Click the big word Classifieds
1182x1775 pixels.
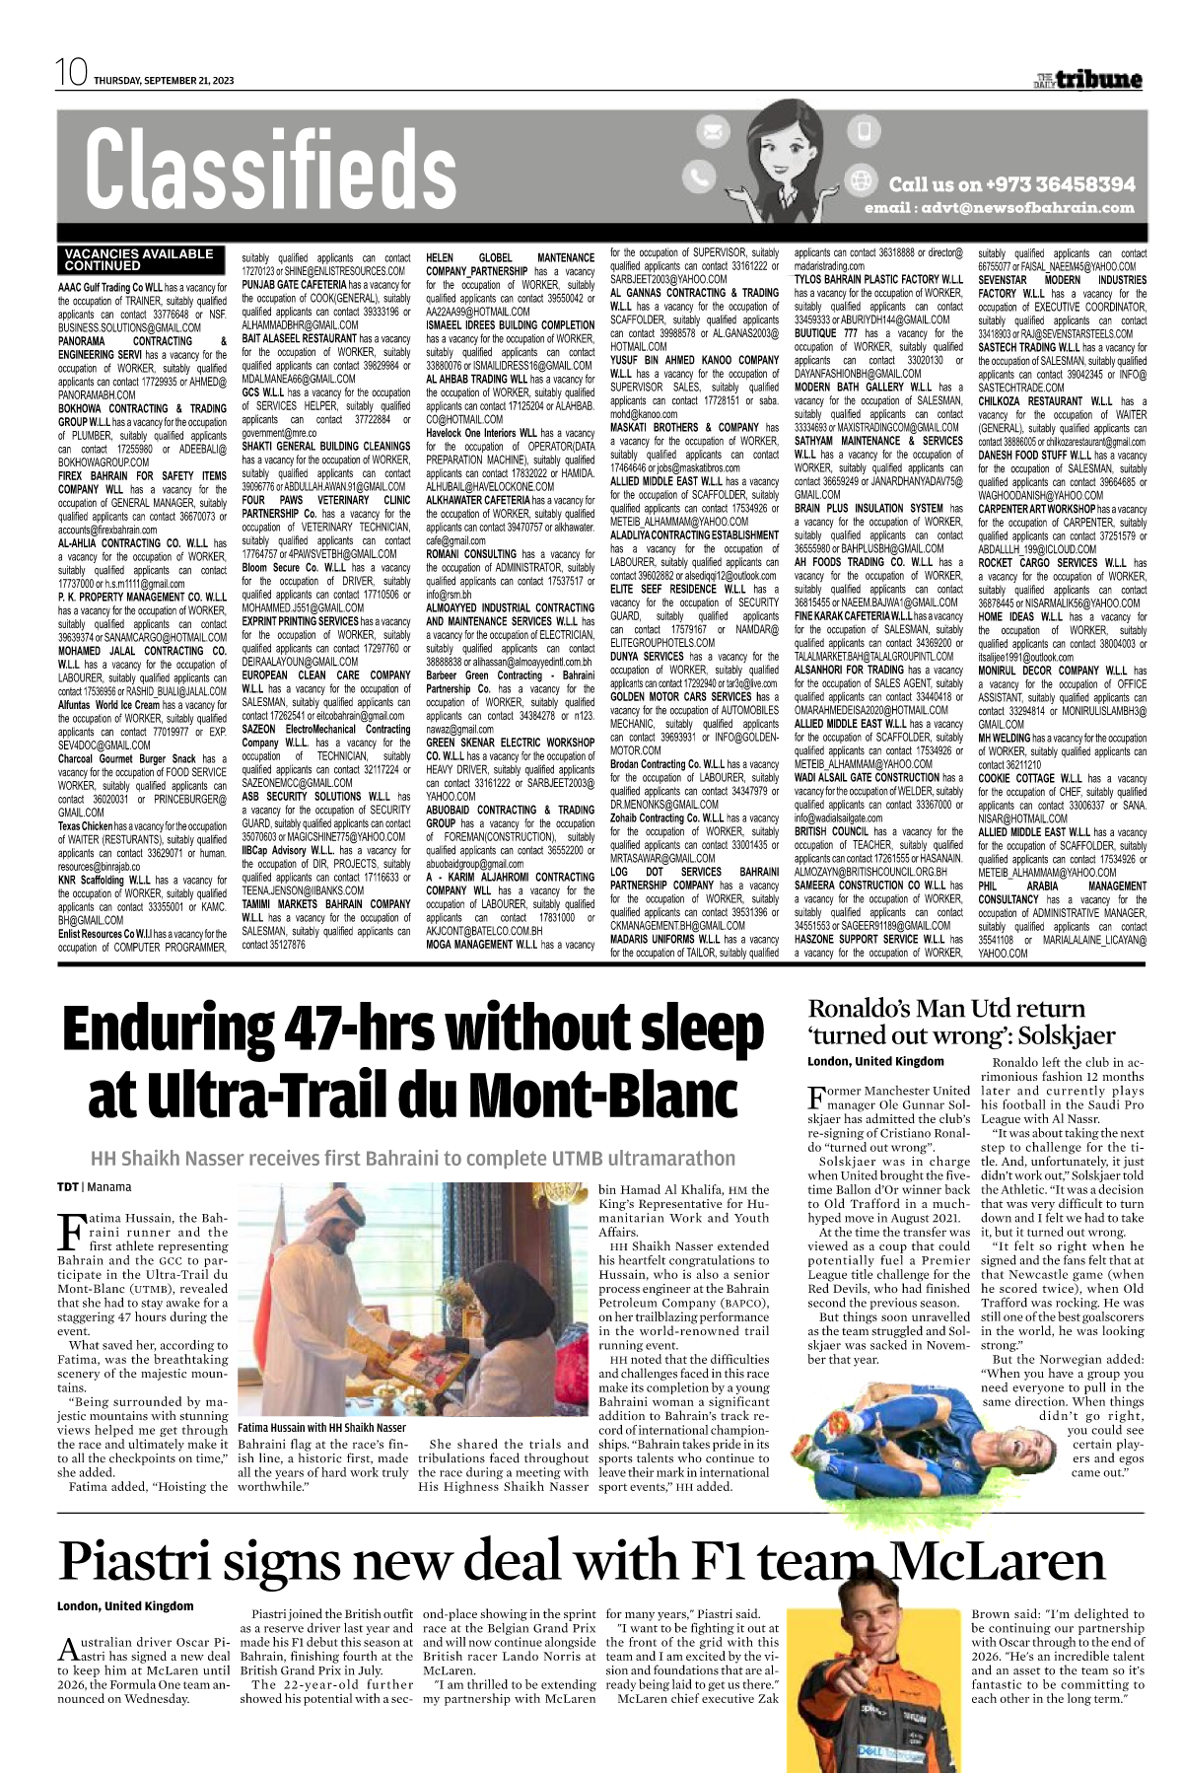point(270,171)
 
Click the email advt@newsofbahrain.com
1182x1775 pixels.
point(999,208)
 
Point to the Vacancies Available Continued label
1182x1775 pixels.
point(138,259)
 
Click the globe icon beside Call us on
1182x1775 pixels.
point(864,181)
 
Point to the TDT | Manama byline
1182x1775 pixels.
point(94,1187)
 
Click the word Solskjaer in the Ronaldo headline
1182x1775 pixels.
point(1067,1035)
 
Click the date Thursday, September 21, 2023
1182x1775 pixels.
point(164,81)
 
